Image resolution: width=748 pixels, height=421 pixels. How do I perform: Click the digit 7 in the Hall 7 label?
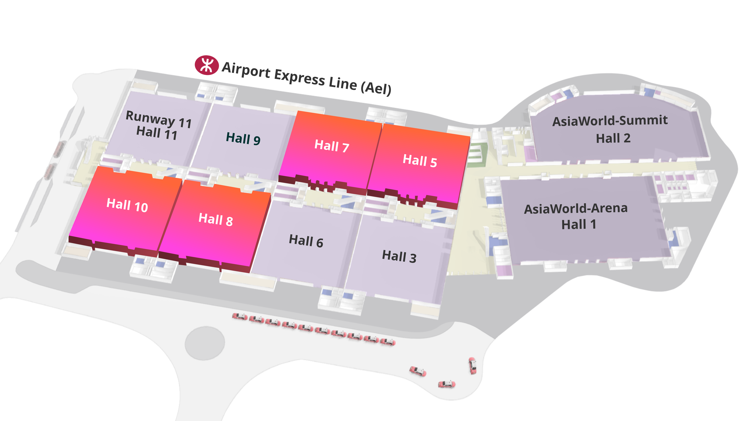[345, 148]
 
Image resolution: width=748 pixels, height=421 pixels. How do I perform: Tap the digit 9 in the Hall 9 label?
[257, 141]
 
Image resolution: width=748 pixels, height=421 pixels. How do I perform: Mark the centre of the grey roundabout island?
[205, 343]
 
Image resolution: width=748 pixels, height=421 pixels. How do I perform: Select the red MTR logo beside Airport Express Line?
[206, 65]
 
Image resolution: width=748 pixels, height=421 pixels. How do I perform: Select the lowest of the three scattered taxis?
[447, 384]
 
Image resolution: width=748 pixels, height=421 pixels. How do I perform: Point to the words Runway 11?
[159, 119]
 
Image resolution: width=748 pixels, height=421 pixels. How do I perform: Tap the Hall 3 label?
[399, 256]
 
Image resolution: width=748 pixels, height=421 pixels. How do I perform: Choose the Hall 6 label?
[306, 241]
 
